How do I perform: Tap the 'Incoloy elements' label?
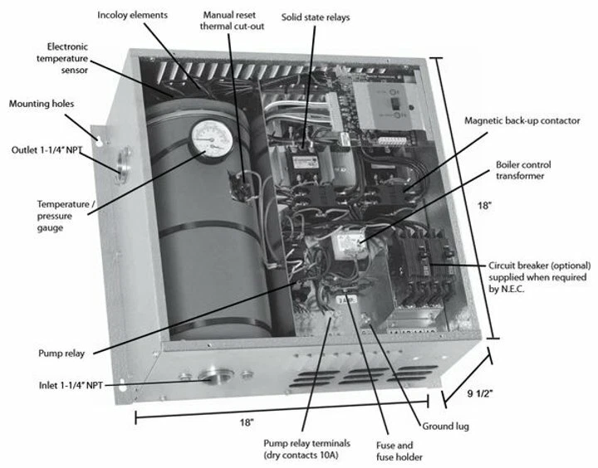pyautogui.click(x=132, y=16)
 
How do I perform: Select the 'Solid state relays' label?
pyautogui.click(x=316, y=16)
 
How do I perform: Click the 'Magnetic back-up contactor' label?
pyautogui.click(x=522, y=121)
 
